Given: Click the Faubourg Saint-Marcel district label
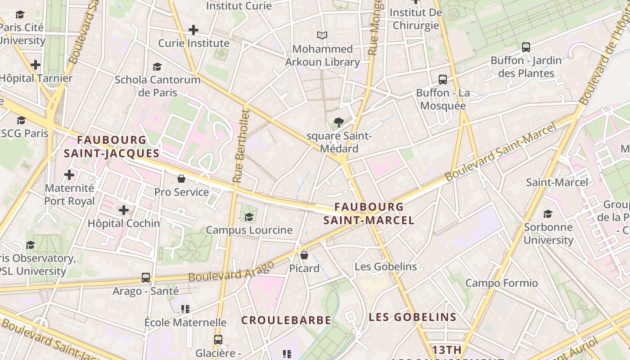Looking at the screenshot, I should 369,213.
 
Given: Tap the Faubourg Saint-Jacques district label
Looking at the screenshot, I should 112,147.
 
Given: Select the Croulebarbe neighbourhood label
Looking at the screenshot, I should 286,320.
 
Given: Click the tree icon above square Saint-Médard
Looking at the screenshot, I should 339,122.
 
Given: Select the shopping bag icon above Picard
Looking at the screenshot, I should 304,255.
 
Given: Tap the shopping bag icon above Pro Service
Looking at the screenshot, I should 181,179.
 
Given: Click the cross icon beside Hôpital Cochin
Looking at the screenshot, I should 124,210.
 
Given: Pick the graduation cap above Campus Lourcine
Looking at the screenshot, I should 249,217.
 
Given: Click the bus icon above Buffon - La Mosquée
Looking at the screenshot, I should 443,80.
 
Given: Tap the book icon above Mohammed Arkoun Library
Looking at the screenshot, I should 322,35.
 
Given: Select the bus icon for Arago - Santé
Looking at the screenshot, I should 146,277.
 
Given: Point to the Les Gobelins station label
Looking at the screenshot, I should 386,266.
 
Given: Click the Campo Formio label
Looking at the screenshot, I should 501,283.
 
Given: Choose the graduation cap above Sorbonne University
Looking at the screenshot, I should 548,214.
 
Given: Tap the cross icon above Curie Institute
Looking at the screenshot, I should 193,30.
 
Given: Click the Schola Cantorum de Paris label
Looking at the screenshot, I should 157,86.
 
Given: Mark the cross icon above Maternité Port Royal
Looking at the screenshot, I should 69,174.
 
